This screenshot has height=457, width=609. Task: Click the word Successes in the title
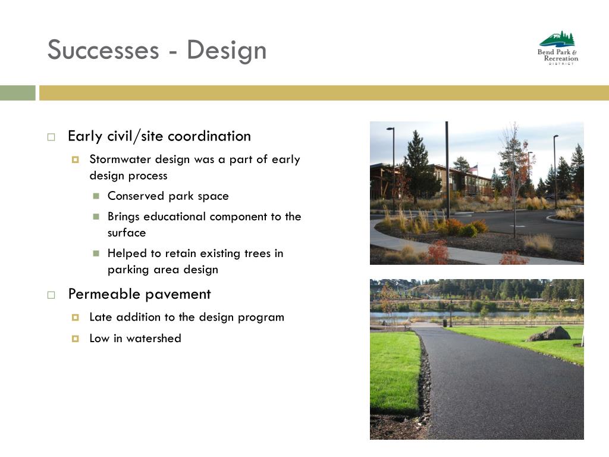pos(103,50)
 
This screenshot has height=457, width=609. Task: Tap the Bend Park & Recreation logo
pos(558,48)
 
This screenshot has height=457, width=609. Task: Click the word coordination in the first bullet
pos(209,136)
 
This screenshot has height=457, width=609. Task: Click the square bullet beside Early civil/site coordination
pos(51,137)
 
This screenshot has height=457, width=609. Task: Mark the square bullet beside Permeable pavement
pos(51,295)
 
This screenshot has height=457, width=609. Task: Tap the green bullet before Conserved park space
pos(96,196)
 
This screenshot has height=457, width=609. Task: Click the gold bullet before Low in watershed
pos(76,339)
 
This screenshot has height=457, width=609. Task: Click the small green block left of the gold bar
pos(17,93)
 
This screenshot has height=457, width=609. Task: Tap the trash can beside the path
pos(445,323)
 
